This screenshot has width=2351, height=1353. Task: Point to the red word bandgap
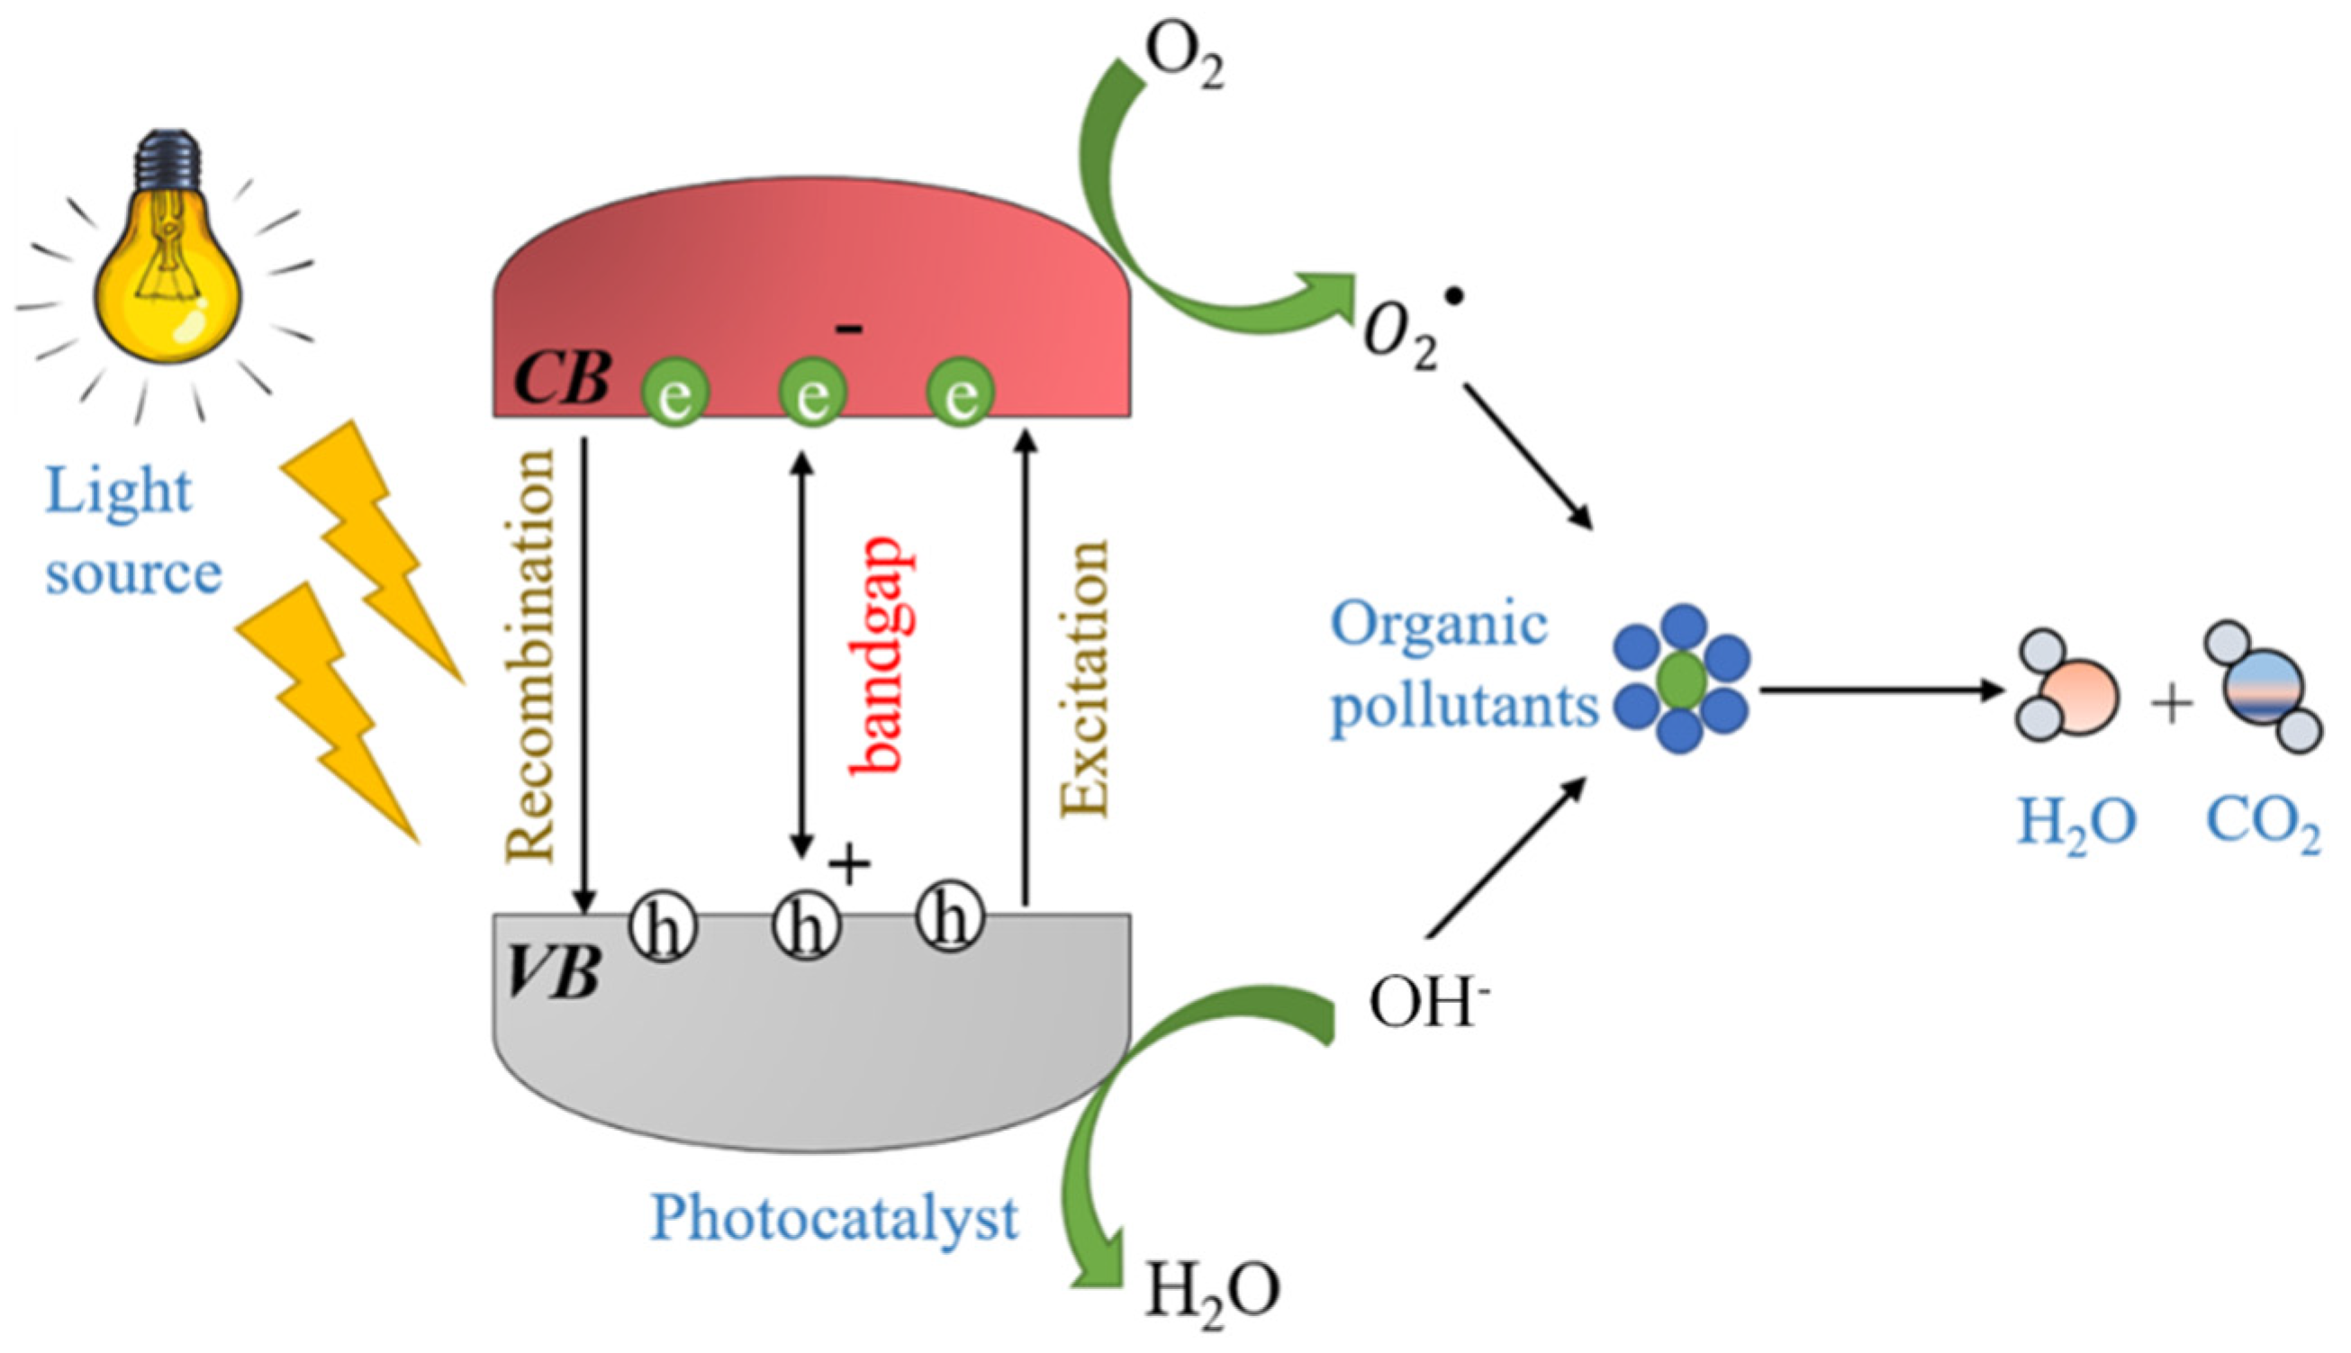coord(878,655)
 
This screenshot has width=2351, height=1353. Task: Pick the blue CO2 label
coord(2263,823)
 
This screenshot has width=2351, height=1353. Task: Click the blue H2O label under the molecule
coord(2076,823)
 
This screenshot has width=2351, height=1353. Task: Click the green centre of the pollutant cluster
coord(1682,680)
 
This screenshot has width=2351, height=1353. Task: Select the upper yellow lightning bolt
coord(372,548)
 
